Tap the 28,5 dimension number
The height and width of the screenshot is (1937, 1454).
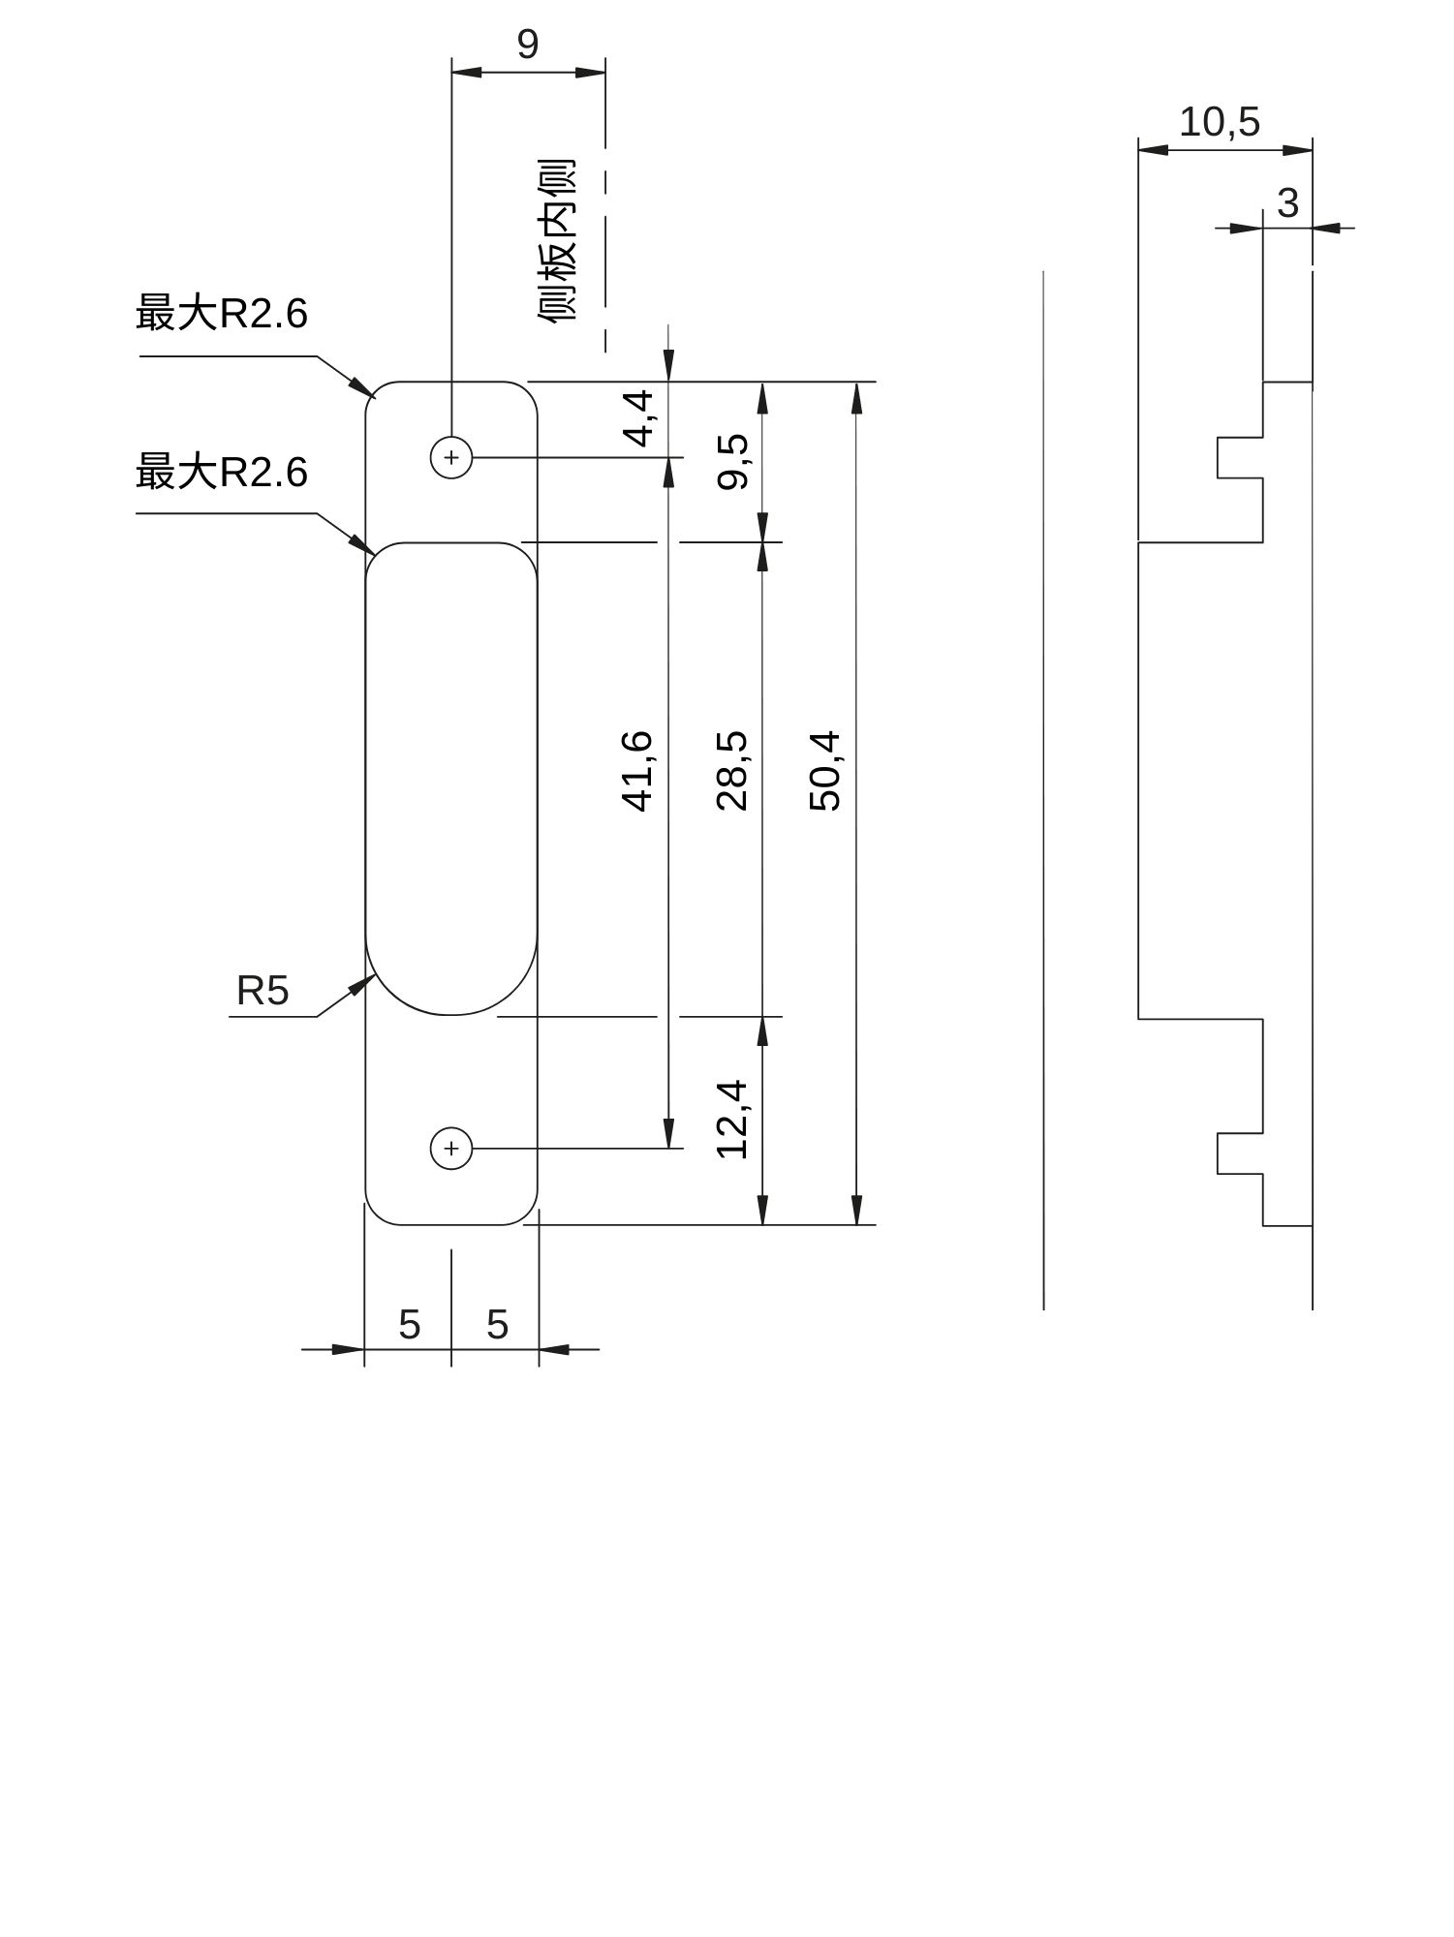(731, 771)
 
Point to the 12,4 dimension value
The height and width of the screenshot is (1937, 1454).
(731, 1120)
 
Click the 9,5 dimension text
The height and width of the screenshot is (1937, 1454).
(733, 462)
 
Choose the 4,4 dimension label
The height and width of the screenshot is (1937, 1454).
(638, 418)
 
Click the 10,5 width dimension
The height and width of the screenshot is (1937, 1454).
(1220, 123)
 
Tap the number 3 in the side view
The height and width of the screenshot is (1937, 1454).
(1287, 204)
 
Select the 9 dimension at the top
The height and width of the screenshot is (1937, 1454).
(527, 45)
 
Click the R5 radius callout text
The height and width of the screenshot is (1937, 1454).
(263, 992)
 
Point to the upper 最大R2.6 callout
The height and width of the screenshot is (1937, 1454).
(222, 314)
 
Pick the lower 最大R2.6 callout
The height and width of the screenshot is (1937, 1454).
(222, 473)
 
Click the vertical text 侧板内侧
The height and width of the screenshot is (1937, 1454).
(558, 242)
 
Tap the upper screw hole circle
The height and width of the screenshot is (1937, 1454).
(451, 457)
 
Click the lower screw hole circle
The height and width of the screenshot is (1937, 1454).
(451, 1149)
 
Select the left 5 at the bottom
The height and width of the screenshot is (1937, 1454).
(410, 1325)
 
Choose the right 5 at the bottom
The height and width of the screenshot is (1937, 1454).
(497, 1325)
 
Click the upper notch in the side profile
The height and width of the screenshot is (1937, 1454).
(1240, 457)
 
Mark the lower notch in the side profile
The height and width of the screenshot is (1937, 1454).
(1240, 1153)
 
